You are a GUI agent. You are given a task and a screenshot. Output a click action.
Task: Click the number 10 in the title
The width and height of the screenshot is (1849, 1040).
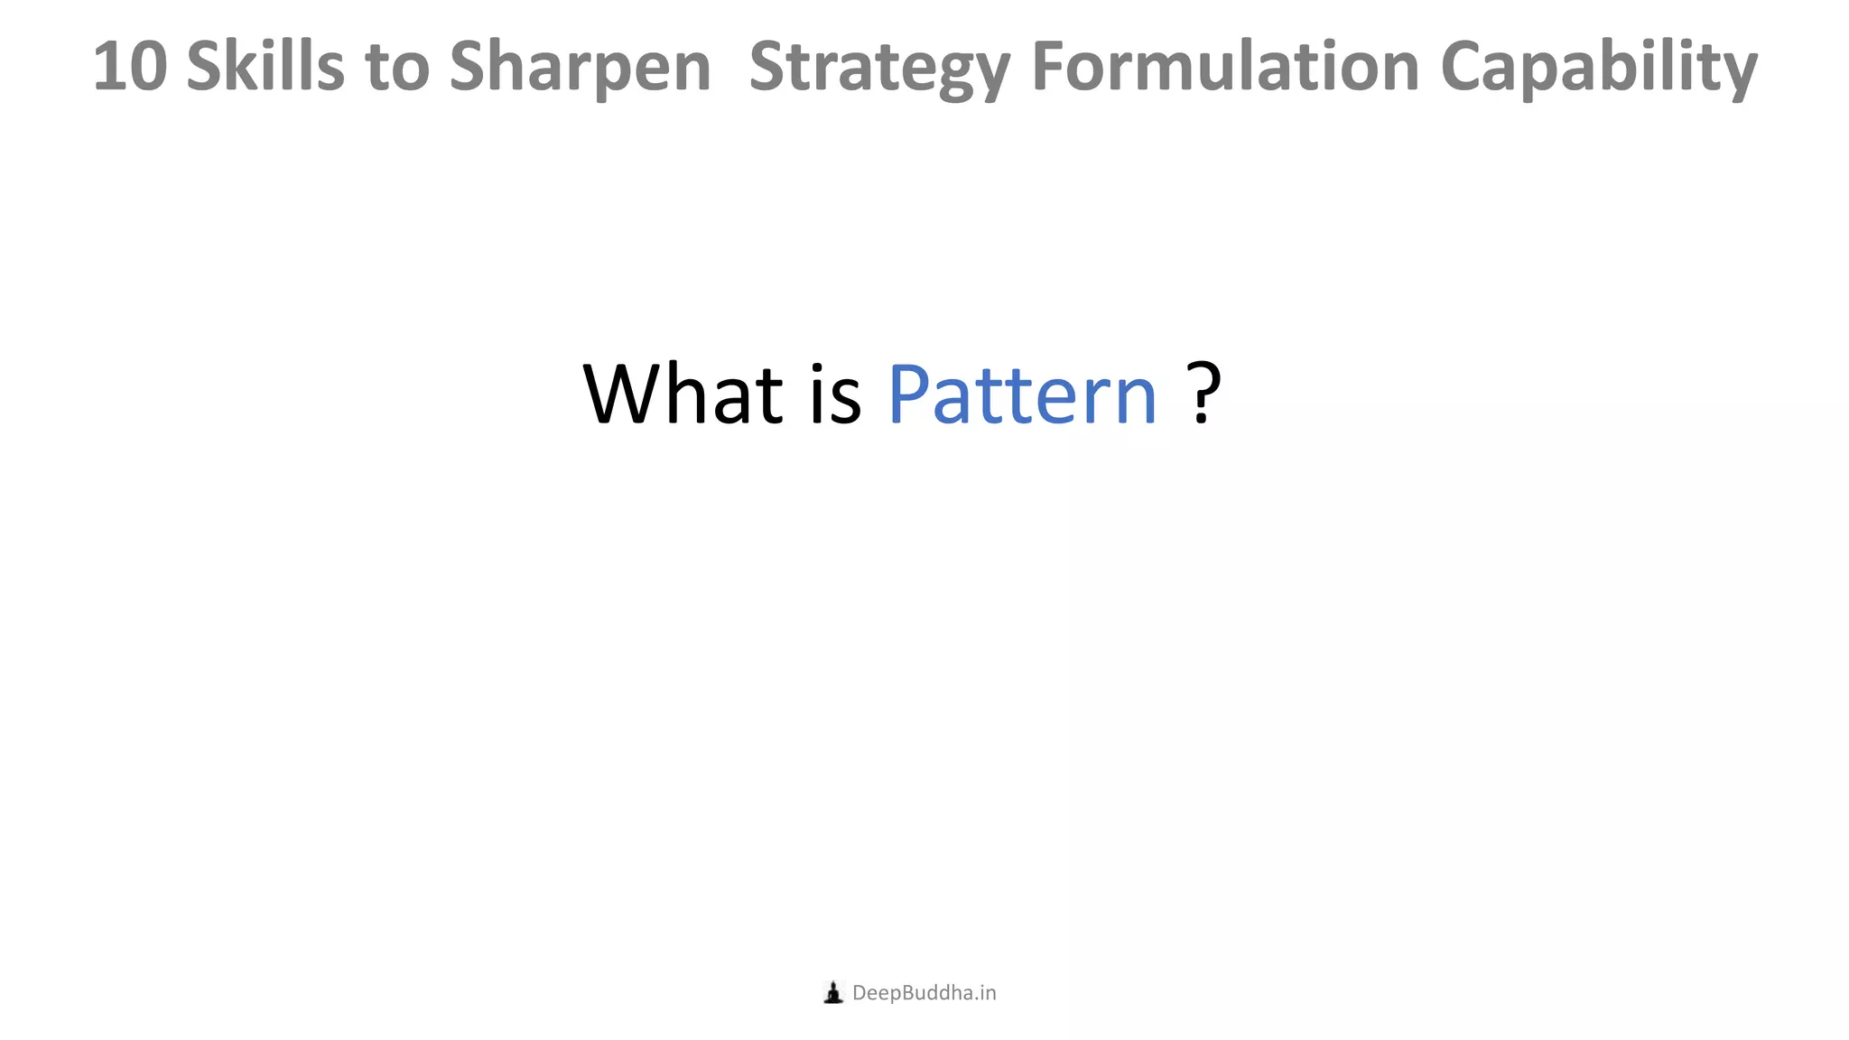point(129,67)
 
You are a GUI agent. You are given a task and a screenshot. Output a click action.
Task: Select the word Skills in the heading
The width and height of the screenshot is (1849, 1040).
point(265,67)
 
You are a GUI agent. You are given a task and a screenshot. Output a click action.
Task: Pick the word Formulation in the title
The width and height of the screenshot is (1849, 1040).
point(1225,67)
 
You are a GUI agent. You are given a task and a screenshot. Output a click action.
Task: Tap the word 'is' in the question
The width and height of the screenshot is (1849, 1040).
point(835,395)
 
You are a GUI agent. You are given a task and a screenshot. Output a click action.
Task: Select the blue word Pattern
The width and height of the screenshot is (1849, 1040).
point(1022,395)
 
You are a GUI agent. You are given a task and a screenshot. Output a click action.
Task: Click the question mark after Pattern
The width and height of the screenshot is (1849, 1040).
point(1203,394)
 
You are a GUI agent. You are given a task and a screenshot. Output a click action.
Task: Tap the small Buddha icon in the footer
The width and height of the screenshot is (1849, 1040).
point(833,993)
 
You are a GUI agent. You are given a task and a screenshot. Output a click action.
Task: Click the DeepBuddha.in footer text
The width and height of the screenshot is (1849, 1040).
point(924,993)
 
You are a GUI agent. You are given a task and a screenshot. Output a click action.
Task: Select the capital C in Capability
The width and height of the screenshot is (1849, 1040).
point(1464,67)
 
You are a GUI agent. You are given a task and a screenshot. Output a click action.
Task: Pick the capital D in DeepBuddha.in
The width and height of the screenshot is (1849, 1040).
point(859,993)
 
